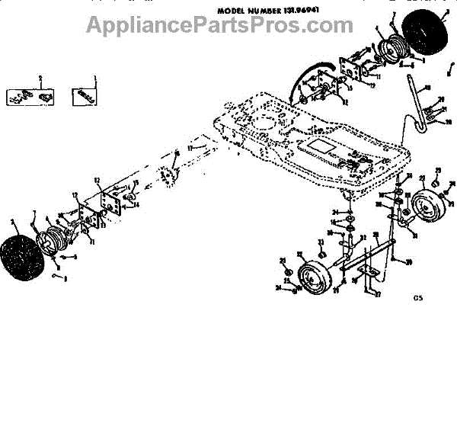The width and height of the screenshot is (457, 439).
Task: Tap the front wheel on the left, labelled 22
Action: pos(312,277)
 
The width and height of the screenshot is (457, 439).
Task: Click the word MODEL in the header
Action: pos(233,11)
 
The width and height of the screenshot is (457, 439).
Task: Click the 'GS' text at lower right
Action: pos(418,300)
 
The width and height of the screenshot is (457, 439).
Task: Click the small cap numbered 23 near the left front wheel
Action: pos(322,252)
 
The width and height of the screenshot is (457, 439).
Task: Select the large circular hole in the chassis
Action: pos(267,121)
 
